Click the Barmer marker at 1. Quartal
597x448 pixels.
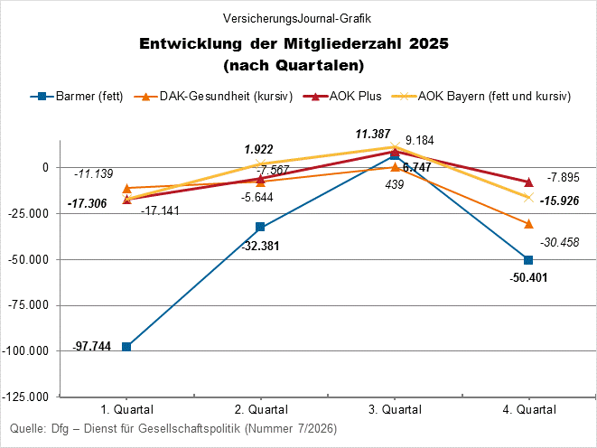click(126, 347)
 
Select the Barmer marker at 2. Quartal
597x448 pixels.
click(260, 227)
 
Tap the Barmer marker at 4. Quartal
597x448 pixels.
click(528, 260)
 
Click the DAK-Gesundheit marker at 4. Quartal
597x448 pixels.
click(528, 223)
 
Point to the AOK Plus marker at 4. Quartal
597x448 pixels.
click(528, 182)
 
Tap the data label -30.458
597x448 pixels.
click(560, 242)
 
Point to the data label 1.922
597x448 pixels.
click(260, 149)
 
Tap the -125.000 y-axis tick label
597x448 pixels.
click(27, 397)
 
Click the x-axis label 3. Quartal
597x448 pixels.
click(395, 409)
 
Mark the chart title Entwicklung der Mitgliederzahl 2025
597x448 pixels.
click(294, 44)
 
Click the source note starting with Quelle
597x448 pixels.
click(172, 428)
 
